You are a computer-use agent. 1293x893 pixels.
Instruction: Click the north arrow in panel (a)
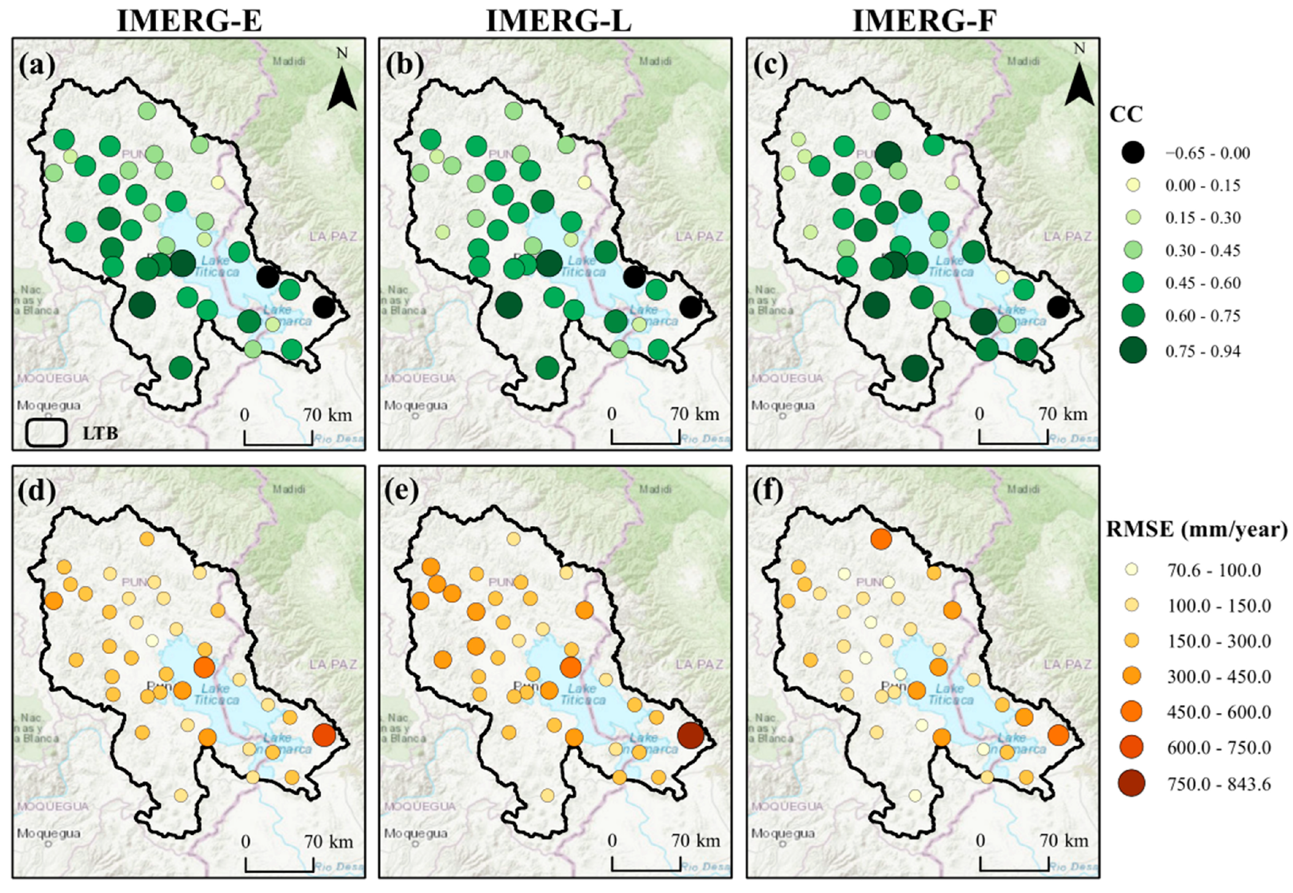tap(342, 87)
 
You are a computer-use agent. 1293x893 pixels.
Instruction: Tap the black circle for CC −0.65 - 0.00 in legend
tap(1133, 152)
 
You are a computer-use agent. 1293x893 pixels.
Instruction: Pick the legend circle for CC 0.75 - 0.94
tap(1133, 351)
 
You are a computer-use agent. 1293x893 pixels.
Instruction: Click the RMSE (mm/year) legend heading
tap(1197, 529)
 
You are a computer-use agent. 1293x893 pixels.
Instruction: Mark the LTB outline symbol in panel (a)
tap(47, 433)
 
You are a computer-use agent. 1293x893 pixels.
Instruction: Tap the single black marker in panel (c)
tap(1058, 307)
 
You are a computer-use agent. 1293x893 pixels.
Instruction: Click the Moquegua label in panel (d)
tap(48, 833)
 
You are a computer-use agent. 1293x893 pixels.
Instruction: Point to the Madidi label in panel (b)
tap(656, 61)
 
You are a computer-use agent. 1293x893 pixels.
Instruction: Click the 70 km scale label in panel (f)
tap(1063, 841)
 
